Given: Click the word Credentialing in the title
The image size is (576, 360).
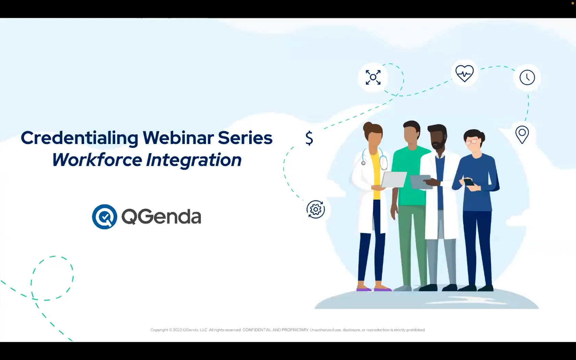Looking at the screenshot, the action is [x=80, y=139].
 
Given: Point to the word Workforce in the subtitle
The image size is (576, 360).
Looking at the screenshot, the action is [x=97, y=160].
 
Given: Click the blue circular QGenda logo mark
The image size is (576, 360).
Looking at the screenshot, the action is [x=105, y=217].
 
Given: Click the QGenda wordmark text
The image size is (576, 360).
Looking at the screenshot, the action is [x=161, y=217].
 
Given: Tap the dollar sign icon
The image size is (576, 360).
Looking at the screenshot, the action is [x=309, y=139].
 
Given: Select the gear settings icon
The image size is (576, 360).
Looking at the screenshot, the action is [x=315, y=209].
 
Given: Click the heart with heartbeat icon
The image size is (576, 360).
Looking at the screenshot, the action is [x=464, y=73].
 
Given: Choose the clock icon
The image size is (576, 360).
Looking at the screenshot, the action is [x=527, y=77].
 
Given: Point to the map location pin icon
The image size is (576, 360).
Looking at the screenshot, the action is [x=522, y=134].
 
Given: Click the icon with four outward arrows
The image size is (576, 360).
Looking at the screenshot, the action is [x=373, y=77].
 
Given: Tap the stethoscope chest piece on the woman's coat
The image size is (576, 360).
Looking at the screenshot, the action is [x=363, y=163].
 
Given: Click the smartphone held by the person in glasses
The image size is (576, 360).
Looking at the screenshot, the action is [x=469, y=182].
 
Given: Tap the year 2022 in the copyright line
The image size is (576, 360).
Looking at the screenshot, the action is [x=177, y=330].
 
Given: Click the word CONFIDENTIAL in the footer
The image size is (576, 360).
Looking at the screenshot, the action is [x=257, y=330].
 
